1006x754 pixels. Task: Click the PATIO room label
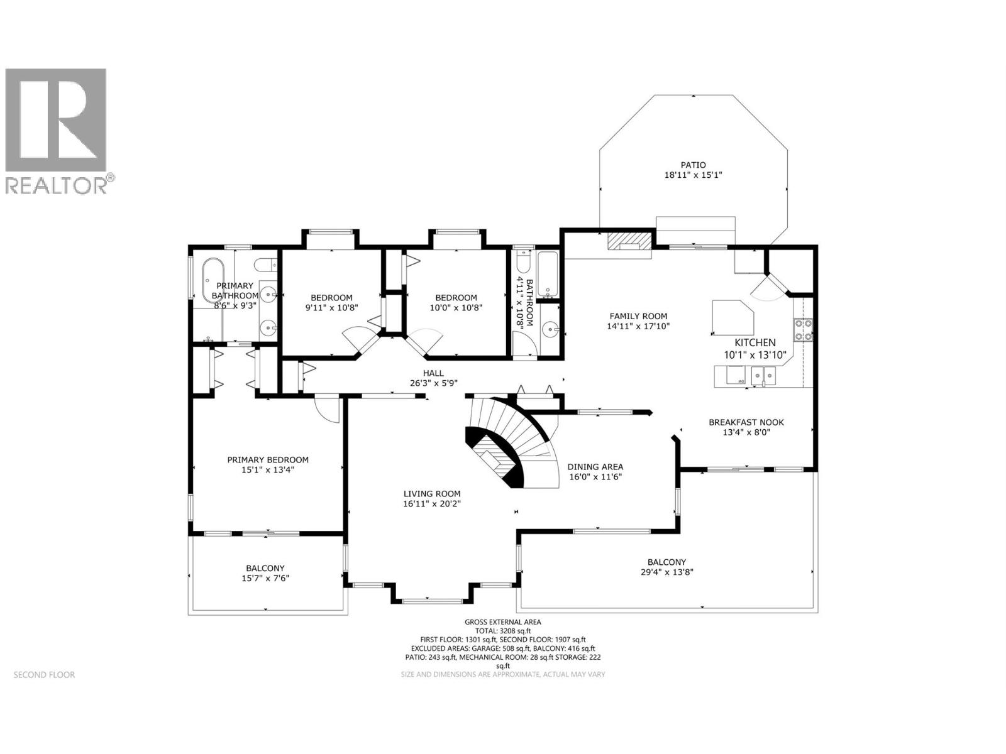(x=693, y=165)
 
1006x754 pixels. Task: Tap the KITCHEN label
(x=755, y=342)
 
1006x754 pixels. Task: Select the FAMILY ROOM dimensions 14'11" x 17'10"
(x=638, y=326)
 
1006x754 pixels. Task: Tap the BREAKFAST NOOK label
(x=746, y=422)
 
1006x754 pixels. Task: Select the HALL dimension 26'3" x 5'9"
(x=433, y=383)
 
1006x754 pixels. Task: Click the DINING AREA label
(x=595, y=466)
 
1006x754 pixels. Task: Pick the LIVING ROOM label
(x=432, y=493)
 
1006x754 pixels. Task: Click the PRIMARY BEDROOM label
(x=268, y=459)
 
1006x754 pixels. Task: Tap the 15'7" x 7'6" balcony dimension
(x=265, y=578)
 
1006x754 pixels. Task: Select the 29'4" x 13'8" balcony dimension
(x=666, y=572)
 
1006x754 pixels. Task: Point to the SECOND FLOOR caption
(x=44, y=675)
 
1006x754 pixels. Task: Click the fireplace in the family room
(x=629, y=243)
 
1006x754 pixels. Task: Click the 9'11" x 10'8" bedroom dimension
(x=331, y=308)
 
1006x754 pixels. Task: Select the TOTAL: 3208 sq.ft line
(x=502, y=630)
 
